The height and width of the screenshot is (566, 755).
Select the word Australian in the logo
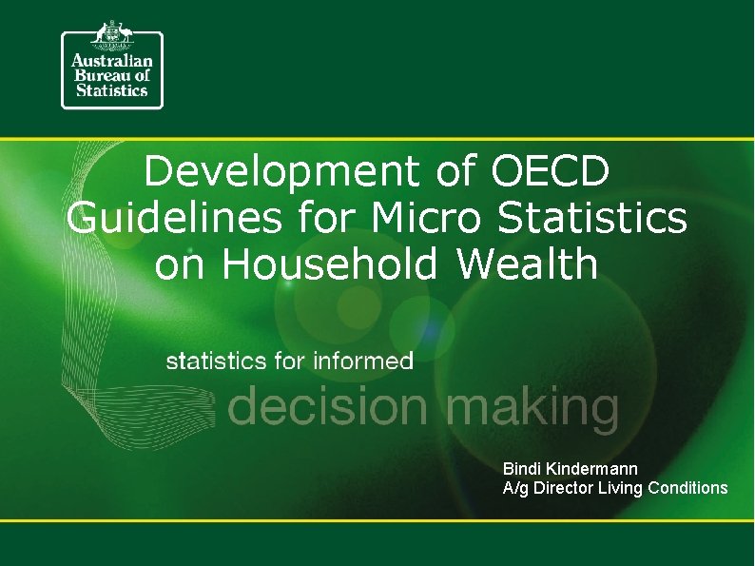click(x=111, y=59)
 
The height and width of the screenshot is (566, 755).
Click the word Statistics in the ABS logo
click(x=111, y=90)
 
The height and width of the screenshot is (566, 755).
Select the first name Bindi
click(x=521, y=469)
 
